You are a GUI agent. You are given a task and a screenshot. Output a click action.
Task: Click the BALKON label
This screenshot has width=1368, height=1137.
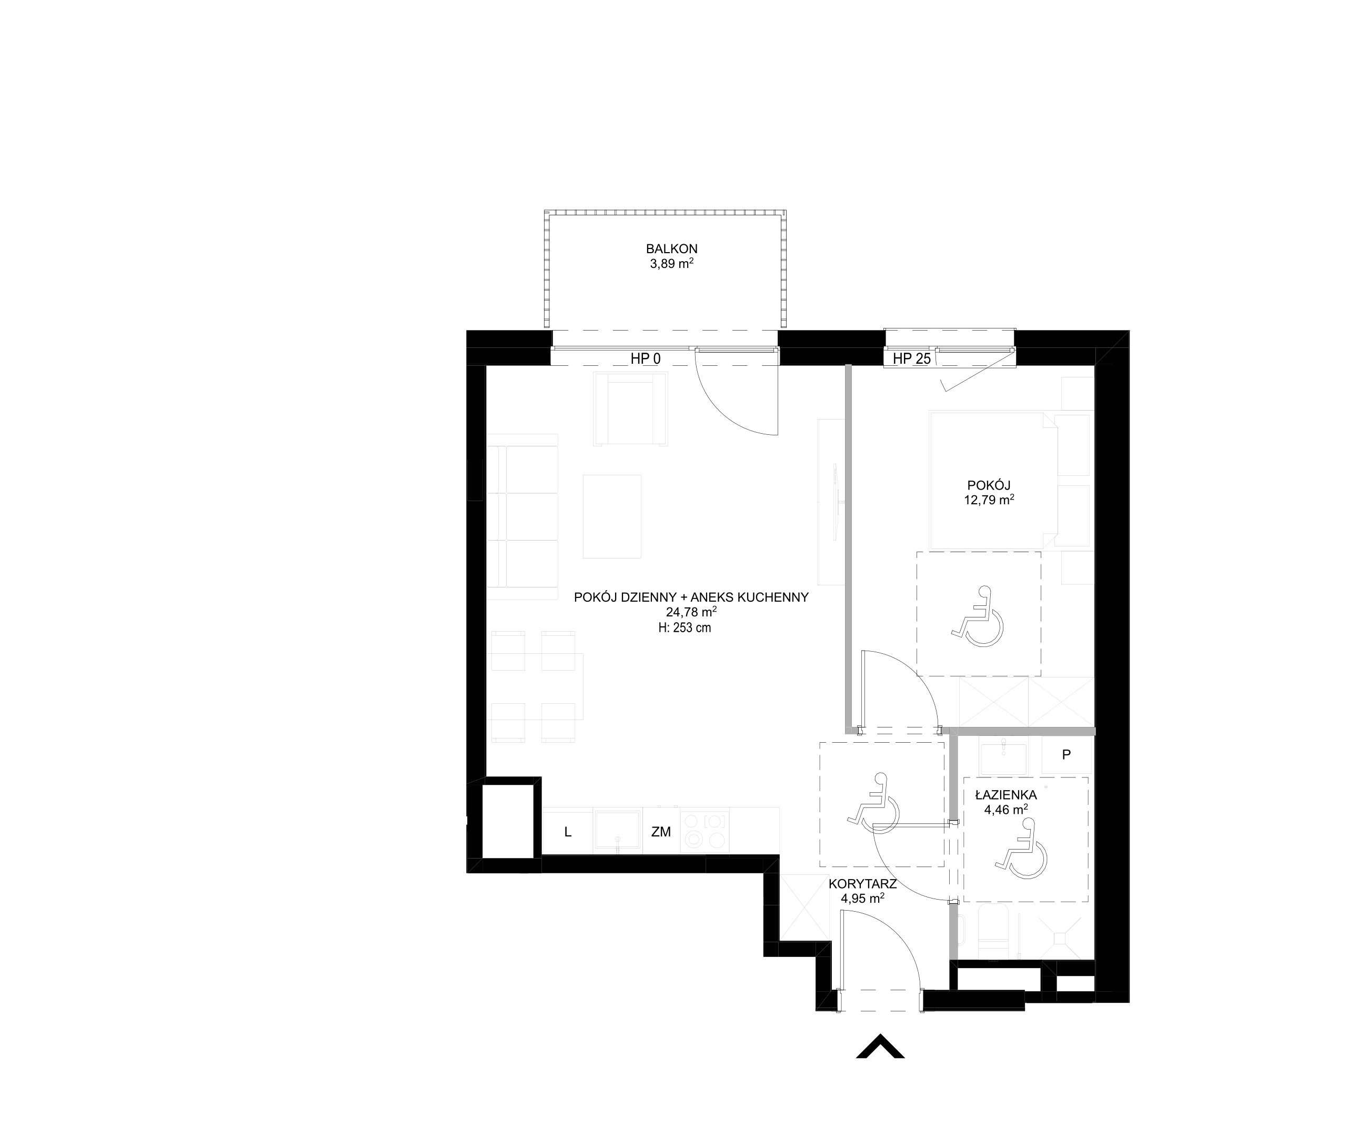click(x=671, y=248)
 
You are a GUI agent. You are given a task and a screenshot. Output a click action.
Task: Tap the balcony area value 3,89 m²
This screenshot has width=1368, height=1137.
click(x=671, y=264)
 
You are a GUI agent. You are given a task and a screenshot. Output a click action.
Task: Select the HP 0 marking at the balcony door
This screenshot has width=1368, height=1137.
click(x=645, y=358)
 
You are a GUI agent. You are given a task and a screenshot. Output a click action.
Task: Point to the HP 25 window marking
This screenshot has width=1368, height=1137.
click(x=911, y=358)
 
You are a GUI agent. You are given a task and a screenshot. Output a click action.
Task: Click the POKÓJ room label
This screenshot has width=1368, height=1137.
click(x=989, y=485)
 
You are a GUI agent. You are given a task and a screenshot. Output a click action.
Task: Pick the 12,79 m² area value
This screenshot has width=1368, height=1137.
click(x=989, y=501)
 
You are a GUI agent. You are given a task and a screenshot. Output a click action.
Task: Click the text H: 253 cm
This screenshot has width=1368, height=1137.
click(x=685, y=628)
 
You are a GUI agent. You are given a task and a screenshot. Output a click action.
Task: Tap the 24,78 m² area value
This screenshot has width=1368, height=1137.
click(x=691, y=612)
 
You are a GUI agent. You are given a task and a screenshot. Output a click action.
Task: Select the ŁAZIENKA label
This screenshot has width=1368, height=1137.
click(x=1006, y=795)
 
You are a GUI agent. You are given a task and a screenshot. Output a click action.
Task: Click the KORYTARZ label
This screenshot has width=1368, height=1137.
click(x=862, y=884)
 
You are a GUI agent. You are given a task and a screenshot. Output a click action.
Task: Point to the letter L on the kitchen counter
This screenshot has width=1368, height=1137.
click(x=567, y=832)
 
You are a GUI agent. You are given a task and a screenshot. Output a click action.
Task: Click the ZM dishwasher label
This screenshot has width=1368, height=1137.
click(x=661, y=832)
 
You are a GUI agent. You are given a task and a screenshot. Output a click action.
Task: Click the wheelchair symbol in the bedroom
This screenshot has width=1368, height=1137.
click(x=978, y=617)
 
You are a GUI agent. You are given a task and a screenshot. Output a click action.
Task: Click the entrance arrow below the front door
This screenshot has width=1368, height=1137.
click(x=880, y=1046)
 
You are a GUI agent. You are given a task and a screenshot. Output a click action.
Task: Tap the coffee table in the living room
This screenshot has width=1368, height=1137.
click(x=612, y=516)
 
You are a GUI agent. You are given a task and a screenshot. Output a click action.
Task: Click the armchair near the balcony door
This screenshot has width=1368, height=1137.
click(x=630, y=408)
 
